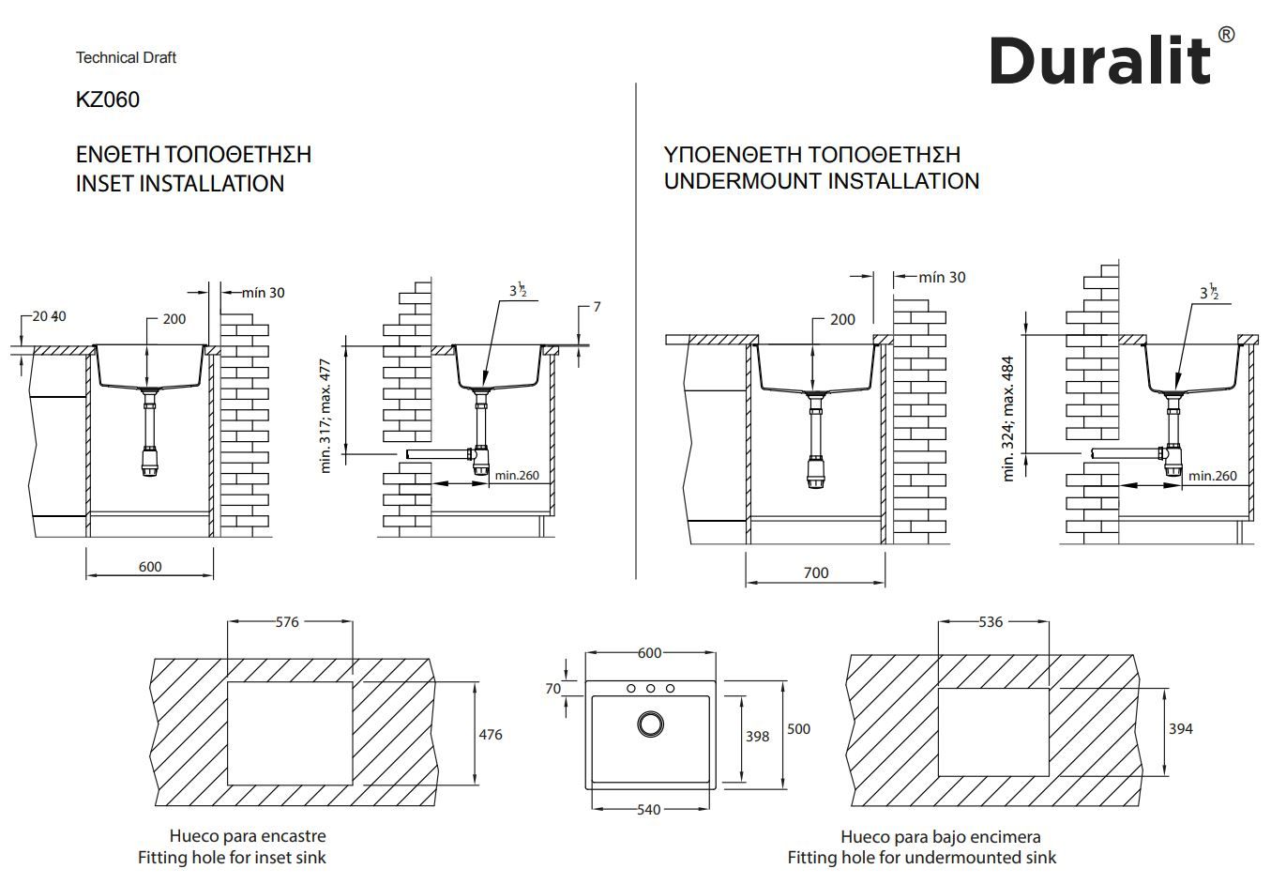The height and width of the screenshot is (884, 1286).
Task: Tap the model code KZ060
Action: [x=108, y=99]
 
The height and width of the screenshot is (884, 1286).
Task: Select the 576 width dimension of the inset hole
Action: [x=288, y=621]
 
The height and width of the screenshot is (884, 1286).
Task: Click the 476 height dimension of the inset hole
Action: [x=491, y=734]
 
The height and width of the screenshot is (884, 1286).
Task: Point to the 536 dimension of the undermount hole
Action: [x=991, y=621]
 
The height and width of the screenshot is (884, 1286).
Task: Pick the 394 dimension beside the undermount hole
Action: [x=1181, y=728]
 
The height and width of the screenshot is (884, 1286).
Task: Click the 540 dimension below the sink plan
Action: [x=648, y=809]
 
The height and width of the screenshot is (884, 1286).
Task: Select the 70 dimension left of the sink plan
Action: [x=553, y=688]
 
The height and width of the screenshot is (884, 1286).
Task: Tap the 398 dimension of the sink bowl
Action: [x=757, y=736]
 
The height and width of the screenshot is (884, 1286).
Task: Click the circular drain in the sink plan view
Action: [x=649, y=724]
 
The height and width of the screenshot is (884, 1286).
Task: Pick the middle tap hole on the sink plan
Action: [x=650, y=688]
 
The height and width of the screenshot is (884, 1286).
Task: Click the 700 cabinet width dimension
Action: [x=816, y=572]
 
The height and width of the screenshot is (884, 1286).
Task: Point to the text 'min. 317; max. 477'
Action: [x=326, y=415]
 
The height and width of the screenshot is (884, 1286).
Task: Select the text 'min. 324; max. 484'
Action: [x=1009, y=418]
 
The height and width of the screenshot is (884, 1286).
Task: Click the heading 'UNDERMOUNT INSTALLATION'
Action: [x=821, y=180]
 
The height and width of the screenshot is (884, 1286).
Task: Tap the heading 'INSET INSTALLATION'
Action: [x=180, y=183]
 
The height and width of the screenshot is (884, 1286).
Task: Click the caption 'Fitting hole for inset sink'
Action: [x=232, y=856]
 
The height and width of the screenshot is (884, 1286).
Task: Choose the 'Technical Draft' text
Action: [x=126, y=57]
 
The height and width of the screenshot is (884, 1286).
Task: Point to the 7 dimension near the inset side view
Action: [x=597, y=307]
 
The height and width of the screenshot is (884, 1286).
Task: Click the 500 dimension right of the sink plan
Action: [x=798, y=728]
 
